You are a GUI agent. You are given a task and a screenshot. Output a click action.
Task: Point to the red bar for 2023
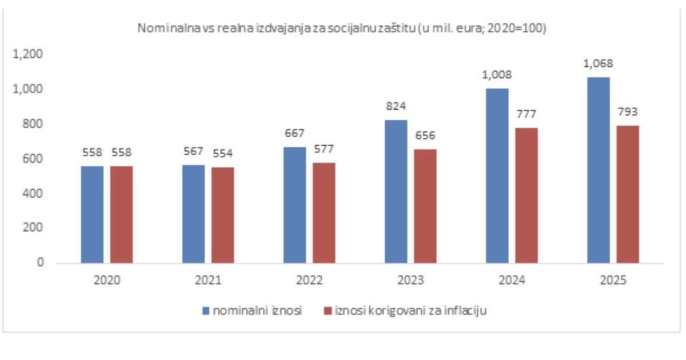point(425,206)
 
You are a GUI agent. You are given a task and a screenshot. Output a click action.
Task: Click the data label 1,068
point(598,63)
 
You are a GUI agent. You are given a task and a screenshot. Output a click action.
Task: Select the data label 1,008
point(497,74)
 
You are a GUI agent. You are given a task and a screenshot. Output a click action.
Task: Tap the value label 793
point(627,111)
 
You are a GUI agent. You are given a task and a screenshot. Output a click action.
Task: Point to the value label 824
point(396,106)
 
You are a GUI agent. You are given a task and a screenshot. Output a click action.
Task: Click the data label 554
point(222,153)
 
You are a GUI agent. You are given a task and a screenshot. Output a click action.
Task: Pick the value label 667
point(294,133)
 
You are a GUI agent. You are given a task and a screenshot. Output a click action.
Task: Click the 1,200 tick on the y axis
point(31,54)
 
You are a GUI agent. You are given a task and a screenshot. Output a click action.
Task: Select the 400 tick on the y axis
point(35,194)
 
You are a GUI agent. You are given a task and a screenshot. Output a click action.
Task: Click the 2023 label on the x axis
point(410,281)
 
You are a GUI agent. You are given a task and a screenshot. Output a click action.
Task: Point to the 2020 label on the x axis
point(107,281)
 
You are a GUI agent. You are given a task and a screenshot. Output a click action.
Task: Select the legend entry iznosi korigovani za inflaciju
point(405,311)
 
